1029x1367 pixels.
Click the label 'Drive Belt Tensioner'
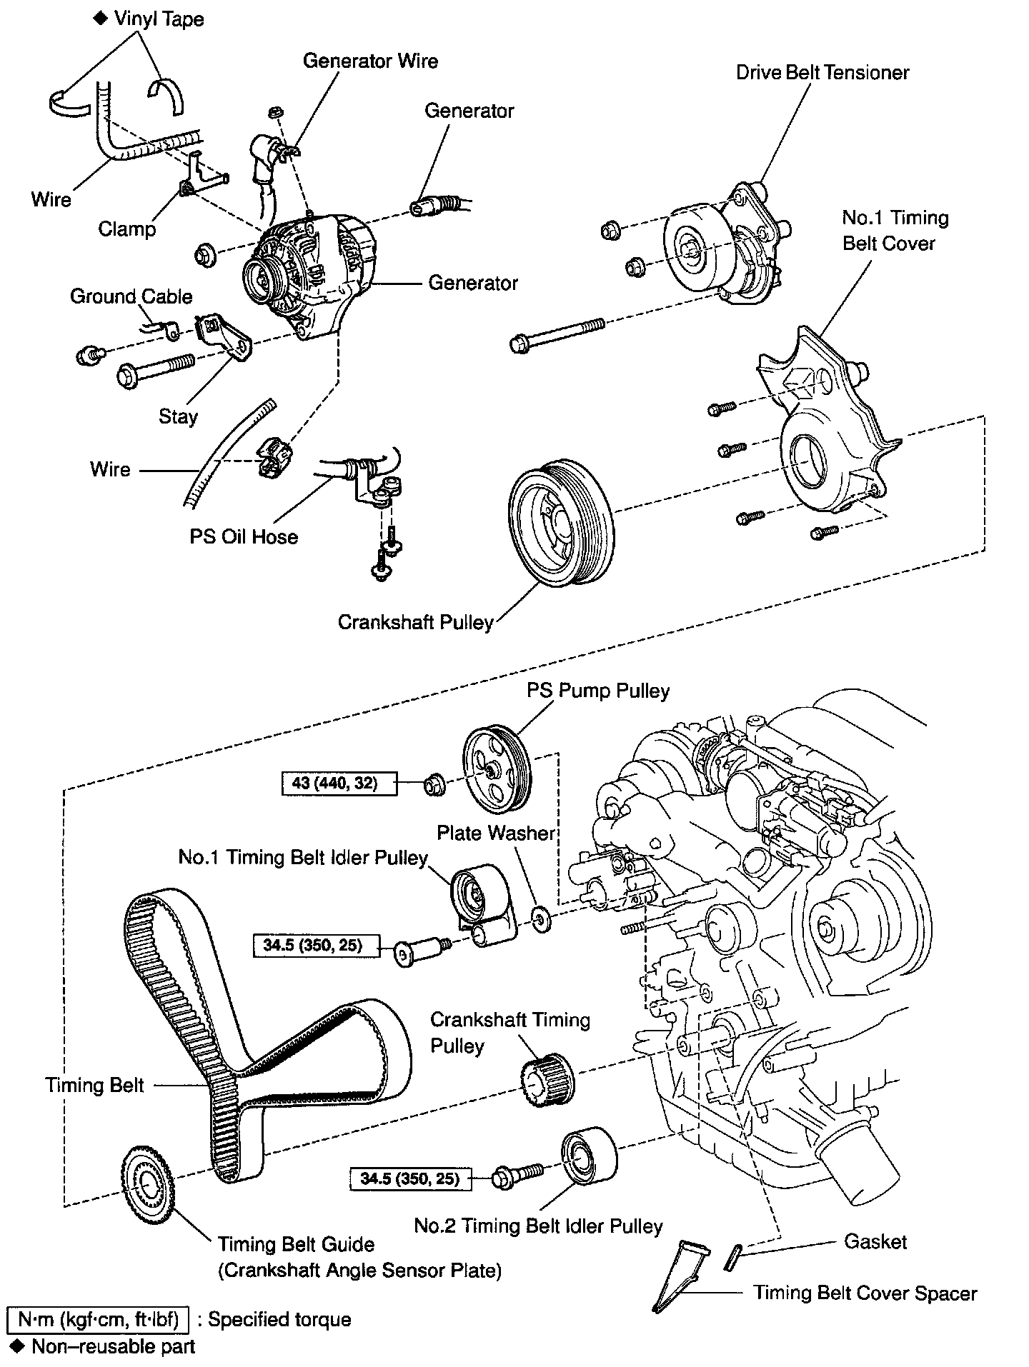[x=822, y=73]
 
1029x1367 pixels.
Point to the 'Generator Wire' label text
[x=370, y=61]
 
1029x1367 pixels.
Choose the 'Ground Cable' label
[x=131, y=296]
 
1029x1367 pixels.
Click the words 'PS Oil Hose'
[x=244, y=536]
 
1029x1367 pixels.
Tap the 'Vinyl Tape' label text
[x=159, y=19]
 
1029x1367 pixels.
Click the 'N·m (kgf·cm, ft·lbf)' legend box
[x=97, y=1319]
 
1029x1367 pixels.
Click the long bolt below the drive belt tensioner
[x=557, y=334]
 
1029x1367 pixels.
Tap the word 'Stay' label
[x=178, y=416]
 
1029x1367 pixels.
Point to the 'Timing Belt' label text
[x=94, y=1086]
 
